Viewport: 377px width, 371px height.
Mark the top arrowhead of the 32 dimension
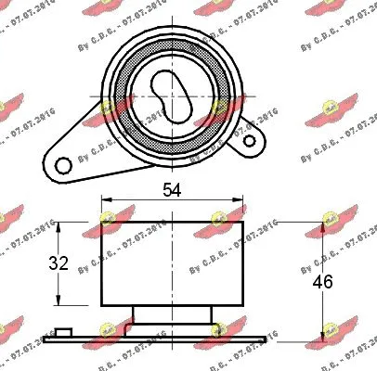pos(60,227)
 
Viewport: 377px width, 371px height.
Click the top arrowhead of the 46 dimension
pos(324,227)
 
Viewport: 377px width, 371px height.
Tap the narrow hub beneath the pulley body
pos(172,315)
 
